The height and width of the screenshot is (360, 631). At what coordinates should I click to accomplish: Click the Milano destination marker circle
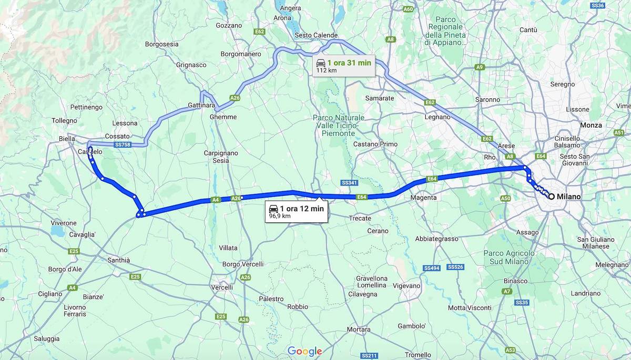pos(551,197)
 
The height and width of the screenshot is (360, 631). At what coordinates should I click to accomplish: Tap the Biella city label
pos(67,139)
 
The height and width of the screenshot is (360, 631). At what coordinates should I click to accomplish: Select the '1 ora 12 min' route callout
pos(297,211)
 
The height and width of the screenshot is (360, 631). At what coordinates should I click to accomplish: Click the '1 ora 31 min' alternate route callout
pos(344,66)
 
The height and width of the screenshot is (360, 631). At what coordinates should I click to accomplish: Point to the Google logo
pos(304,351)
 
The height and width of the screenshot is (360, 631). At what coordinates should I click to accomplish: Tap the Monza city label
pos(591,125)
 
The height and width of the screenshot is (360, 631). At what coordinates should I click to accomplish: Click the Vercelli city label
pos(221,287)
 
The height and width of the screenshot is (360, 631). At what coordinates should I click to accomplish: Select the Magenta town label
pos(424,198)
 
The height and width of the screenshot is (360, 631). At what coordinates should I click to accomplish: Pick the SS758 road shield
pos(122,145)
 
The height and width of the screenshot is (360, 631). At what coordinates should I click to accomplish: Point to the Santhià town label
pos(118,260)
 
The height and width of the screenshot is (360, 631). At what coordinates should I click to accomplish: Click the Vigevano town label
pos(406,285)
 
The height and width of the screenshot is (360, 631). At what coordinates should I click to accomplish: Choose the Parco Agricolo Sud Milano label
pos(509,258)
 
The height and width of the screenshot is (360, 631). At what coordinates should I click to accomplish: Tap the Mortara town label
pos(359,330)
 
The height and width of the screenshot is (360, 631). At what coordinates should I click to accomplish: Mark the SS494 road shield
pos(432,268)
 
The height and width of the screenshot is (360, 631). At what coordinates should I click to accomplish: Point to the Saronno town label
pos(487,99)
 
